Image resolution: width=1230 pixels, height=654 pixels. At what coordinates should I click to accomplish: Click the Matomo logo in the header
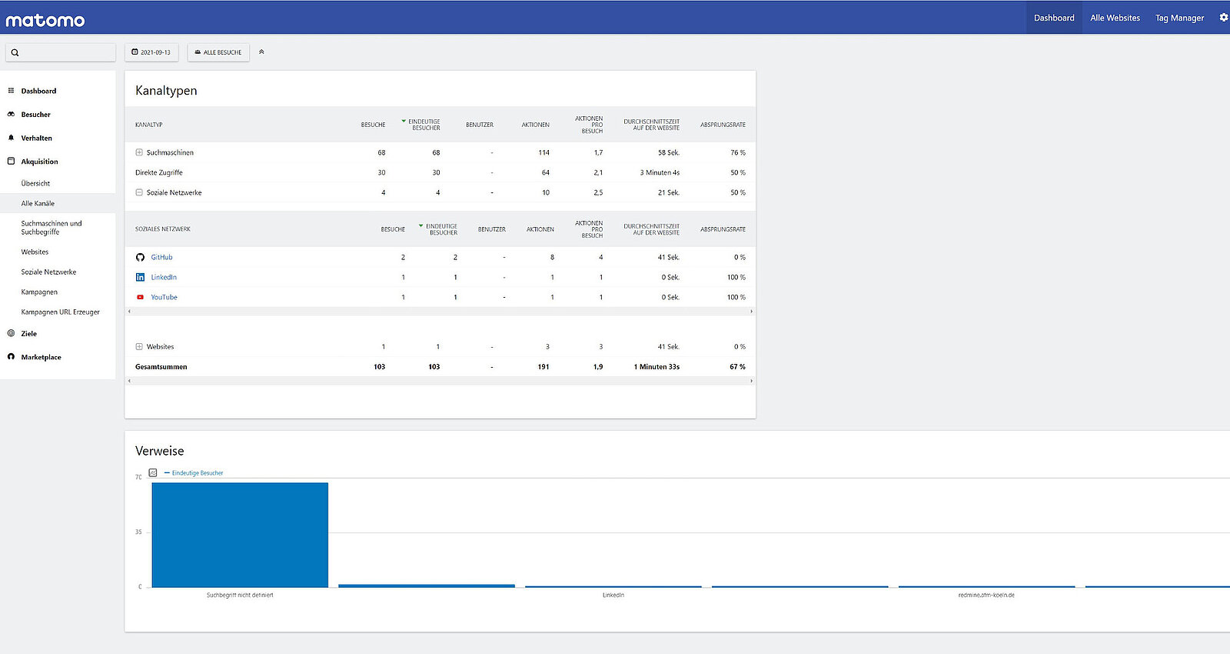pos(45,20)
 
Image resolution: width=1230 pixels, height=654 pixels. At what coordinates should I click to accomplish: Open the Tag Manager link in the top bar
pos(1179,18)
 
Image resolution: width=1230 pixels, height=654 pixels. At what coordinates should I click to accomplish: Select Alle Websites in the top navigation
pos(1115,18)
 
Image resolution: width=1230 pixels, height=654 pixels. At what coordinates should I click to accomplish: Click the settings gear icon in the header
pos(1223,17)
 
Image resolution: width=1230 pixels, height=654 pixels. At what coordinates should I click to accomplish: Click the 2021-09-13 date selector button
pos(151,52)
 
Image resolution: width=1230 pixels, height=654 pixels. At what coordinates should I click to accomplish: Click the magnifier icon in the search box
pos(15,52)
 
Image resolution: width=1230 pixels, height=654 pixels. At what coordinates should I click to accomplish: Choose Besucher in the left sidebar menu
pos(35,115)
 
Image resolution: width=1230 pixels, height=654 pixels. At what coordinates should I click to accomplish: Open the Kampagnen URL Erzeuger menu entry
pos(60,312)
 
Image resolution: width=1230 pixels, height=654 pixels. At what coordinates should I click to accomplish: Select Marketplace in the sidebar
pos(41,357)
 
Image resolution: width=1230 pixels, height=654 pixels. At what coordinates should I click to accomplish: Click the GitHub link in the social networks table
pos(161,257)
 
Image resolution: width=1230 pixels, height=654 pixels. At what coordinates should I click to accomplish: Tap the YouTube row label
pos(164,297)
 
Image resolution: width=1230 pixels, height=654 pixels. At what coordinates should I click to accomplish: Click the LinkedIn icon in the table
pos(140,277)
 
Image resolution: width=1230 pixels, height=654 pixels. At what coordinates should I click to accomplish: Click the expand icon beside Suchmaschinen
pos(139,152)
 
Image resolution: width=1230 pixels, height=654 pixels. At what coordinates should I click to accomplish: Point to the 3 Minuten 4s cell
pos(660,172)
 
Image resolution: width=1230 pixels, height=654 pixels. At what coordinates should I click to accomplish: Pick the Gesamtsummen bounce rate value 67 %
pos(737,367)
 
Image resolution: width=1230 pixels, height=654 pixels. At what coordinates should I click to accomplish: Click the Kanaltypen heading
pos(166,91)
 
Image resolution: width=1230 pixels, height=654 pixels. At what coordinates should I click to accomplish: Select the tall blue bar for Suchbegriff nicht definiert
pos(240,535)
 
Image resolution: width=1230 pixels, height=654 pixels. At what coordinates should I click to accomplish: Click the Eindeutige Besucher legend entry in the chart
pos(197,473)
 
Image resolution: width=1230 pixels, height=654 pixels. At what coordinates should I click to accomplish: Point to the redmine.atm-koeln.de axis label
pos(986,596)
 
